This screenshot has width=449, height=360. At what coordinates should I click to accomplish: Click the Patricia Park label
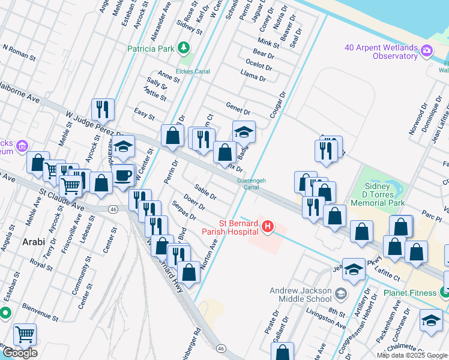click(150, 49)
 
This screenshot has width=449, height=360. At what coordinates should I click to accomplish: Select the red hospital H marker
click(268, 226)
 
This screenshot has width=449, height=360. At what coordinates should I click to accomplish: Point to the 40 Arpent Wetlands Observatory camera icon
click(427, 50)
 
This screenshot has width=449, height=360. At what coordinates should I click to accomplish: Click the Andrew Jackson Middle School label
click(300, 294)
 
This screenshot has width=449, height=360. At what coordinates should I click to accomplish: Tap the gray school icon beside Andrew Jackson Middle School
click(341, 293)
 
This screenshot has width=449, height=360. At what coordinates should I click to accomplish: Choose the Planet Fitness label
click(411, 293)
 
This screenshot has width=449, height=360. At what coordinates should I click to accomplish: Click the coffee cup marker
click(124, 176)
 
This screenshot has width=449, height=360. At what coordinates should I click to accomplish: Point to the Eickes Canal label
click(194, 71)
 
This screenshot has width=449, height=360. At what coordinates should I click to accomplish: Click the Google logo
click(20, 353)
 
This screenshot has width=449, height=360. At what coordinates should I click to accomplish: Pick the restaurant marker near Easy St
click(103, 109)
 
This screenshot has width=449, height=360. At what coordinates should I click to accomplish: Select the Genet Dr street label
click(238, 108)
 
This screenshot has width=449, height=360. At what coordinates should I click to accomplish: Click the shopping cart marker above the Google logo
click(25, 334)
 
